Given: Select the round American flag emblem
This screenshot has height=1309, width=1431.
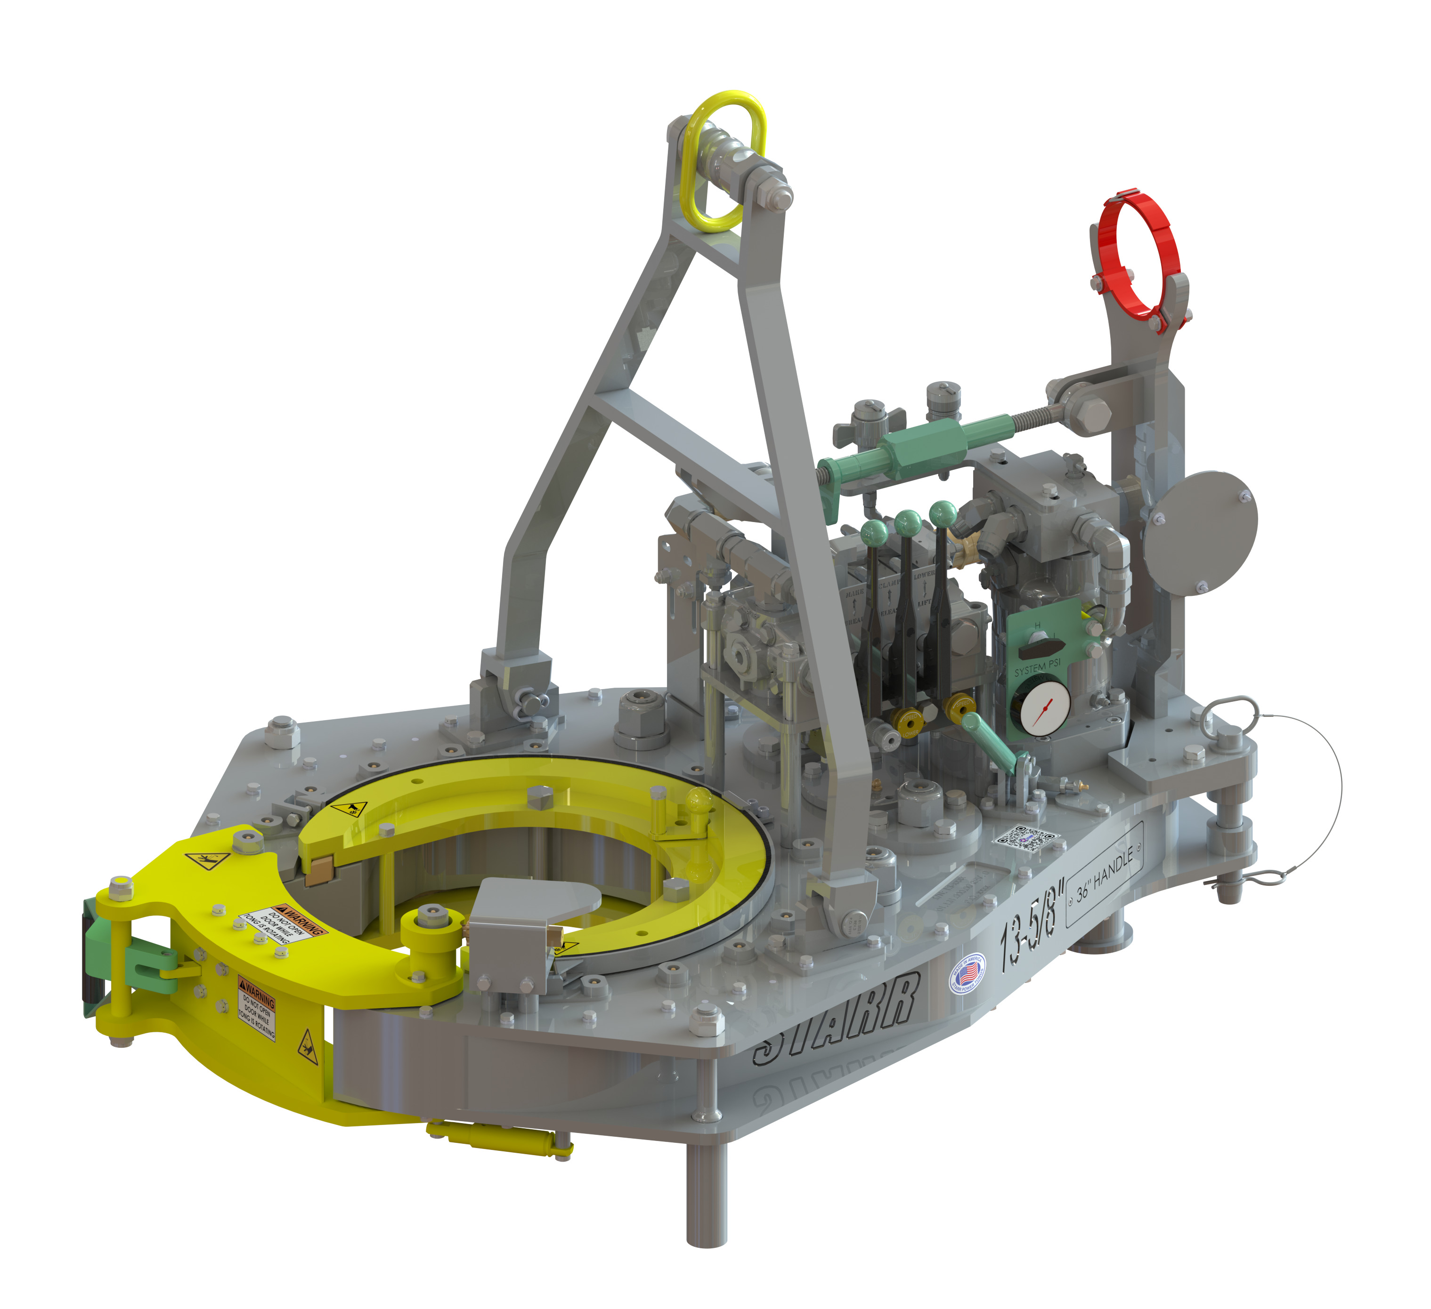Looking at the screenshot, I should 967,973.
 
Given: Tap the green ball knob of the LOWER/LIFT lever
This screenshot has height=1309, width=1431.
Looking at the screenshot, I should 942,512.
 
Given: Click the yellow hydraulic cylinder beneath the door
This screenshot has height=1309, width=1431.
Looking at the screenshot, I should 497,1139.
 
